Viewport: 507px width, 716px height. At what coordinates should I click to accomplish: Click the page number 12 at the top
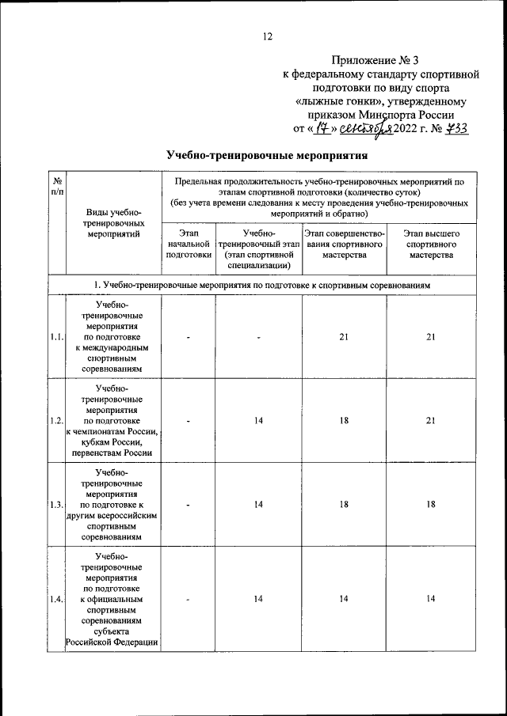click(267, 36)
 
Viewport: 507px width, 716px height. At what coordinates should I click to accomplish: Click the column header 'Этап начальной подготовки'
click(189, 244)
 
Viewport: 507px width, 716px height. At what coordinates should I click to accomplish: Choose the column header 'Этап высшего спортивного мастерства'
click(431, 244)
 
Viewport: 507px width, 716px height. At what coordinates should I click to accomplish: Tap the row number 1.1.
click(56, 337)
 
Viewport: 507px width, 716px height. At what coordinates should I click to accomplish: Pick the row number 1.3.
click(56, 505)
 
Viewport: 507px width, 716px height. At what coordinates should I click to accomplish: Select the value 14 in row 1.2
click(258, 421)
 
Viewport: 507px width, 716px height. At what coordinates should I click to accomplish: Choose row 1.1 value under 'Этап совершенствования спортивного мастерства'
click(344, 337)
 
